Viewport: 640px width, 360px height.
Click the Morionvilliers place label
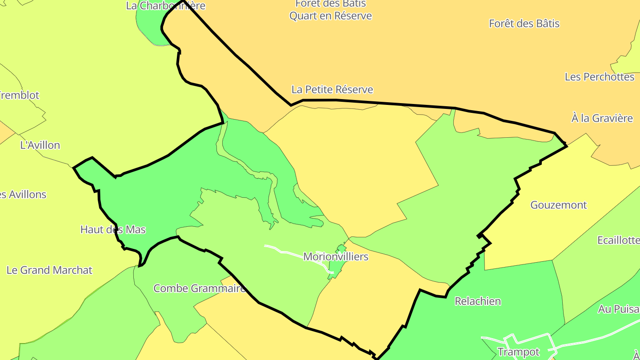[x=336, y=256]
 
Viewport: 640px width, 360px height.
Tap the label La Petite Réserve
[x=332, y=89]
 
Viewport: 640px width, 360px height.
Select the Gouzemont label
[x=559, y=205]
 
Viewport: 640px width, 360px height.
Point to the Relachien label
[x=478, y=301]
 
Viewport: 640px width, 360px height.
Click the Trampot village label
[x=518, y=352]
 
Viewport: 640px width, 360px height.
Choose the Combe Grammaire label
[x=199, y=288]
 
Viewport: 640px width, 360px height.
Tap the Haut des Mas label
[x=113, y=229]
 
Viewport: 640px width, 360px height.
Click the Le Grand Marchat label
[x=49, y=270]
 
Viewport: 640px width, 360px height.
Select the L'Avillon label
[x=40, y=145]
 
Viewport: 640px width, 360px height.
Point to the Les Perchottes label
[x=600, y=77]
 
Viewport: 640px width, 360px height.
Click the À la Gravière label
[x=602, y=118]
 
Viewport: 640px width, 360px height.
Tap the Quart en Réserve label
[x=331, y=16]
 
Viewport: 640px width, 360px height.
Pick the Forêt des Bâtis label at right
[x=524, y=24]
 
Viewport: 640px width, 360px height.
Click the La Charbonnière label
[x=165, y=6]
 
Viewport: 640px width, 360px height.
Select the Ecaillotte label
[x=618, y=240]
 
